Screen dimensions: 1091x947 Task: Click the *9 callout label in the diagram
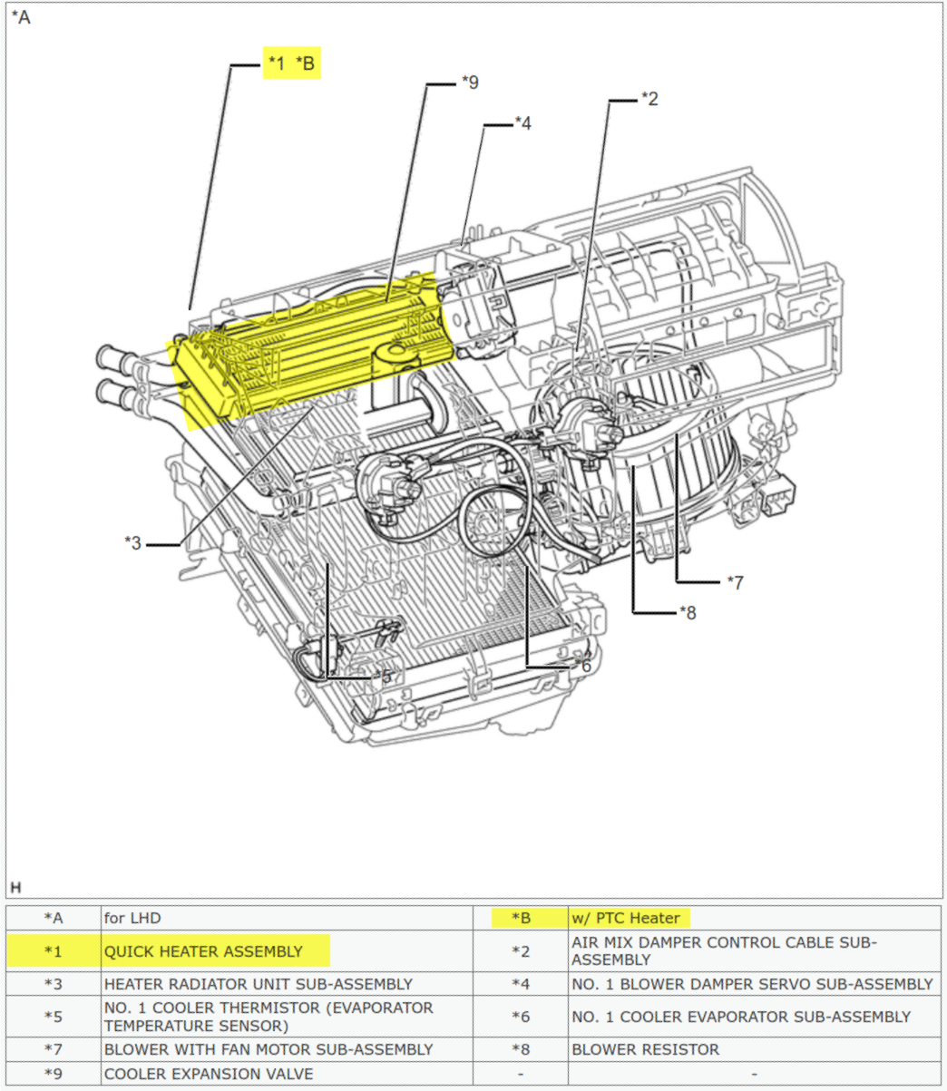(469, 83)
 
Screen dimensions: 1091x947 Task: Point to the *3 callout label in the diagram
(133, 543)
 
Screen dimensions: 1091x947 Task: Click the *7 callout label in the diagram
(735, 581)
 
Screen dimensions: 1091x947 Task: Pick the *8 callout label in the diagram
(688, 612)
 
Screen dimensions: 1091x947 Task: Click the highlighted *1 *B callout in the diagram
(291, 63)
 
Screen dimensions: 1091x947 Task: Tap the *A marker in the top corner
(21, 17)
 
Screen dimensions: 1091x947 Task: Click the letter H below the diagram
(15, 886)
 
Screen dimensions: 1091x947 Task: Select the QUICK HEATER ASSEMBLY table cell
(203, 951)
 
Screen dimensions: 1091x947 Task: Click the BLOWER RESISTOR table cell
(645, 1049)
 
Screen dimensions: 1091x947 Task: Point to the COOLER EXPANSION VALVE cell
(209, 1074)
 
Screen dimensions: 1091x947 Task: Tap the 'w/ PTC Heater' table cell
(625, 918)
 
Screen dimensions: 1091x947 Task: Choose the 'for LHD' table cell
(132, 918)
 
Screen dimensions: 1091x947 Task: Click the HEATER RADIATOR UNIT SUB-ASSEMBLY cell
(258, 984)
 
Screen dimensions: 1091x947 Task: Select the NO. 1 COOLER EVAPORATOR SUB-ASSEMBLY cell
(740, 1017)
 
